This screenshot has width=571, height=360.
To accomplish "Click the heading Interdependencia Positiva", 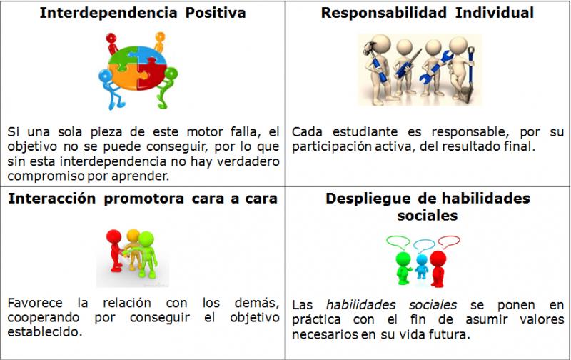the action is (x=142, y=13).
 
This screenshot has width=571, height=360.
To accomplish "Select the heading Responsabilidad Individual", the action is (x=427, y=13).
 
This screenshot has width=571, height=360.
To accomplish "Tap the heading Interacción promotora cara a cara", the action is (x=142, y=199).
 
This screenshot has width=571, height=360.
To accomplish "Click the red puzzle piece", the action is (x=152, y=74).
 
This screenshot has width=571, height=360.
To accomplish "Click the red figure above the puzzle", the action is (x=112, y=43).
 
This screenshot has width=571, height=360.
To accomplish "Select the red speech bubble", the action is (x=449, y=241).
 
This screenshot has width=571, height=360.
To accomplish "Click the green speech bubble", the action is (x=398, y=242).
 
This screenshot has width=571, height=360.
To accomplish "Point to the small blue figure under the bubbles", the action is (x=421, y=266).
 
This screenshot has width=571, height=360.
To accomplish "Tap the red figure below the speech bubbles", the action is (x=438, y=268).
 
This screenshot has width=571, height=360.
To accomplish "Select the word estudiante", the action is (x=365, y=131).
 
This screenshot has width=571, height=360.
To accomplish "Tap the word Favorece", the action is (x=34, y=303).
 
